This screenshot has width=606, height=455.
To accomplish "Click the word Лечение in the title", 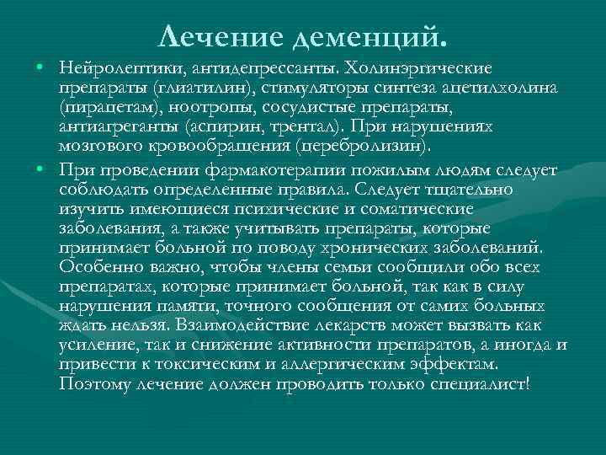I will [x=212, y=36].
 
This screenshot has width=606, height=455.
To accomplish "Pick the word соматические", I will [x=445, y=210].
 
